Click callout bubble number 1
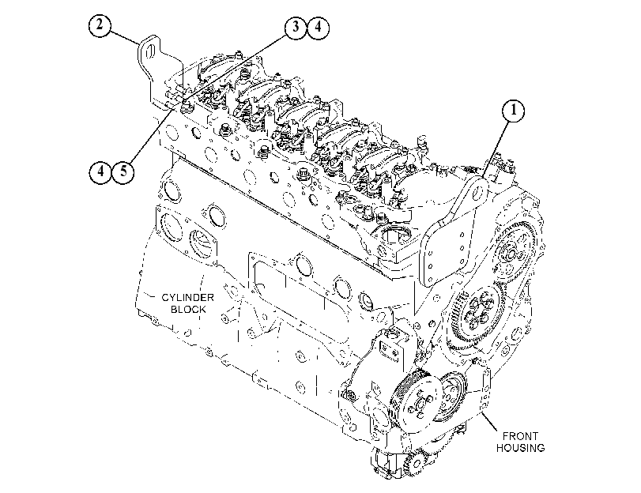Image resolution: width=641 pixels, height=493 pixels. click(x=513, y=111)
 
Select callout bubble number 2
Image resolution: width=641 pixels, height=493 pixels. click(x=100, y=26)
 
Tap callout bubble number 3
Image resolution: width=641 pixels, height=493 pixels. click(x=296, y=28)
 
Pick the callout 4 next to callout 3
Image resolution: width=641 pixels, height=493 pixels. click(x=318, y=28)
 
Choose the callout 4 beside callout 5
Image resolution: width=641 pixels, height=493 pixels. click(x=100, y=171)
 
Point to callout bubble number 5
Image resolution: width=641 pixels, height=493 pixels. click(x=123, y=171)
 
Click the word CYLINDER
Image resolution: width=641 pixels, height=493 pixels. click(x=187, y=297)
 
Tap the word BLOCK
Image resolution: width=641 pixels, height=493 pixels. click(x=188, y=309)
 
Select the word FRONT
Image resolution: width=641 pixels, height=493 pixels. click(x=520, y=436)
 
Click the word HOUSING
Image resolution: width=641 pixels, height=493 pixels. click(x=520, y=448)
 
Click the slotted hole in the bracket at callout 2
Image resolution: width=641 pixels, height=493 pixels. click(x=149, y=52)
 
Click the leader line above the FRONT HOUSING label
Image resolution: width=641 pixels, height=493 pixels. click(x=490, y=422)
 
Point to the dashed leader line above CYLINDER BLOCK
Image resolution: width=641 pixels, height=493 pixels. click(x=202, y=283)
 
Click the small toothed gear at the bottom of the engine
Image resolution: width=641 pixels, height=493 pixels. click(x=413, y=463)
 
